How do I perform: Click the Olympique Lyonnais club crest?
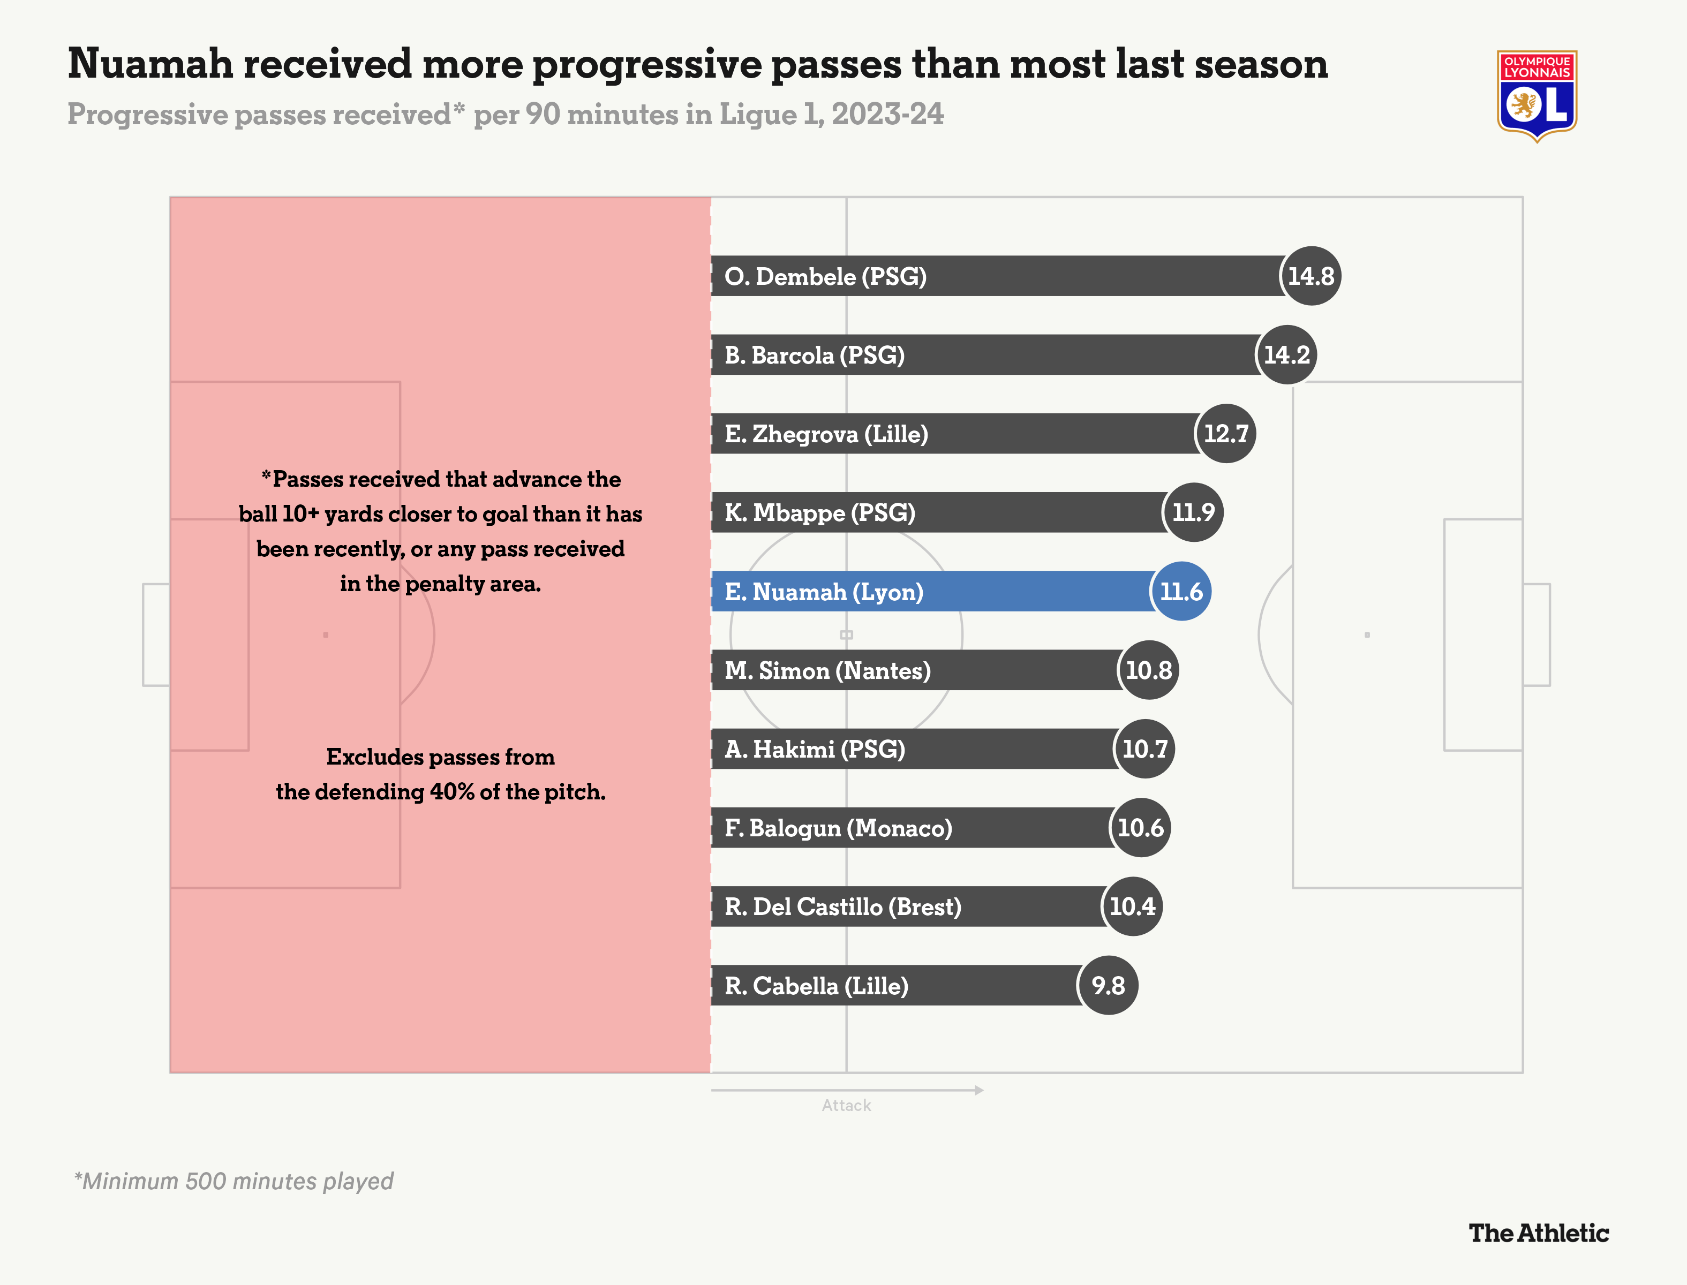pyautogui.click(x=1537, y=96)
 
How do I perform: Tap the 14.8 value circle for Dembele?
pyautogui.click(x=1311, y=276)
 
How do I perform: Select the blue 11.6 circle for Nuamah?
pyautogui.click(x=1181, y=591)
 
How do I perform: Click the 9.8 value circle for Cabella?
pyautogui.click(x=1108, y=985)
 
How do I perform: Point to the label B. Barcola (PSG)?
pyautogui.click(x=814, y=355)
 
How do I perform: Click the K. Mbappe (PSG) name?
pyautogui.click(x=819, y=512)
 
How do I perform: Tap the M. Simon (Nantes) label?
pyautogui.click(x=827, y=671)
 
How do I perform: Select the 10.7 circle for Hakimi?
pyautogui.click(x=1144, y=749)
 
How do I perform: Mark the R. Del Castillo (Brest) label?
pyautogui.click(x=842, y=906)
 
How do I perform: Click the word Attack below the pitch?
pyautogui.click(x=846, y=1105)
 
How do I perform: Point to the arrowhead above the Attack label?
pyautogui.click(x=980, y=1090)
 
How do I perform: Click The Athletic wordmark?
pyautogui.click(x=1539, y=1233)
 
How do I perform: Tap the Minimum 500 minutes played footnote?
pyautogui.click(x=234, y=1181)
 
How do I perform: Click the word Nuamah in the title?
pyautogui.click(x=150, y=64)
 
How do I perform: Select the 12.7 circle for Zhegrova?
pyautogui.click(x=1226, y=434)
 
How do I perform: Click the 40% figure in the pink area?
pyautogui.click(x=451, y=792)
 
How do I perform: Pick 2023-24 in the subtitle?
pyautogui.click(x=887, y=115)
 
